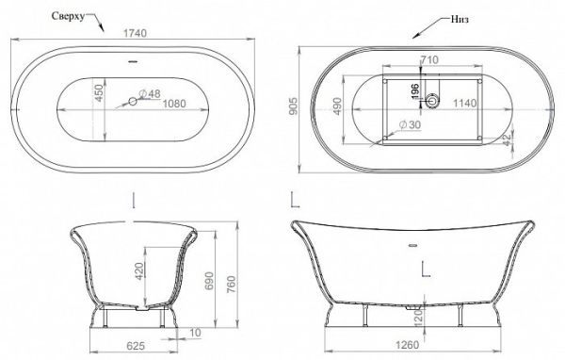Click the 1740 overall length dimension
click(135, 33)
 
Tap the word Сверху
click(68, 16)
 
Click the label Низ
click(460, 19)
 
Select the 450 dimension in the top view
click(99, 93)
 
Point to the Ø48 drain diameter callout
click(149, 94)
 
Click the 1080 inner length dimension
click(174, 104)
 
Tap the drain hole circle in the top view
click(133, 102)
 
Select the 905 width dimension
click(294, 106)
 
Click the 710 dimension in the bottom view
click(429, 60)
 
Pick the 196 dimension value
click(415, 90)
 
